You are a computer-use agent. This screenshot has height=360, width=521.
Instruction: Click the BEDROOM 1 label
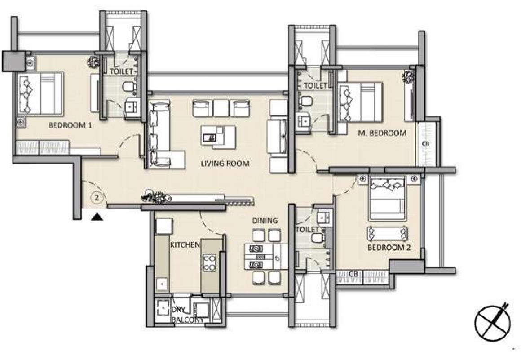(70, 125)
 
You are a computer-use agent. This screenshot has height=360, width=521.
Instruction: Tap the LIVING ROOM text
(225, 163)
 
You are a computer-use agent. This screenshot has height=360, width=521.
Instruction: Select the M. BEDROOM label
(382, 133)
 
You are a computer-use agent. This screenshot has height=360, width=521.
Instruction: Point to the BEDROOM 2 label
(389, 247)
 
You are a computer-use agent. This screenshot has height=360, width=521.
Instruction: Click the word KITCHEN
(185, 244)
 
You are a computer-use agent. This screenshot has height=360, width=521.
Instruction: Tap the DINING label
(265, 220)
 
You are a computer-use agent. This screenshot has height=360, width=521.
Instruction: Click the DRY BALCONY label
(188, 315)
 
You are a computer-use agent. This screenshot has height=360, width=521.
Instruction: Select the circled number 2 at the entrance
(97, 198)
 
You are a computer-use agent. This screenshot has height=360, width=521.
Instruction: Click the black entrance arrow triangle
(97, 217)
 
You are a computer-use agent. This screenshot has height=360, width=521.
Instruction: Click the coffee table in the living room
(218, 136)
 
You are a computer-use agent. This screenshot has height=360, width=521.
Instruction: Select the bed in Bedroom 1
(40, 94)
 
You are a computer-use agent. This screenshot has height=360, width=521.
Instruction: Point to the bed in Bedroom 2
(387, 198)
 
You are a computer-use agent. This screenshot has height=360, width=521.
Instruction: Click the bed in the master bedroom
(359, 102)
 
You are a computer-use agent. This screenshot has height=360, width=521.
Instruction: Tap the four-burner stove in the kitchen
(209, 262)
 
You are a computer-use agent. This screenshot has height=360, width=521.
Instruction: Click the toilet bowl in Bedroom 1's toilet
(129, 87)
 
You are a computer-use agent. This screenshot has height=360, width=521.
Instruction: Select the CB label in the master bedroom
(426, 144)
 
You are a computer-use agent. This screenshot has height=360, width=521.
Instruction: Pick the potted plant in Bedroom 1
(93, 62)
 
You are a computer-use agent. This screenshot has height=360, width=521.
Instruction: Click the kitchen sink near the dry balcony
(162, 284)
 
